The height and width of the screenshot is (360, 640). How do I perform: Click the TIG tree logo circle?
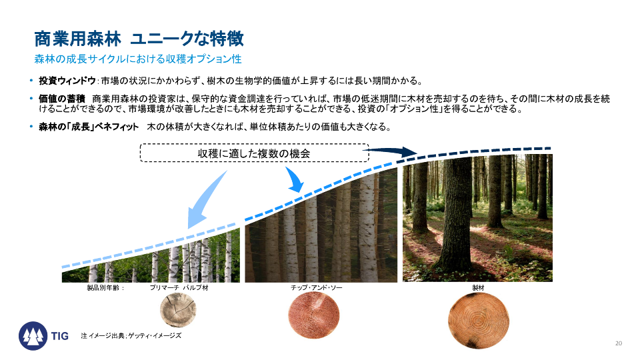tap(33, 336)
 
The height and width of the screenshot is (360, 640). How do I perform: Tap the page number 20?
tap(619, 343)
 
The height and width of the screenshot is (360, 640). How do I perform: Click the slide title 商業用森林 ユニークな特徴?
tap(139, 39)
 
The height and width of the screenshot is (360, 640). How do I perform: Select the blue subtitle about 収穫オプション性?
tap(138, 59)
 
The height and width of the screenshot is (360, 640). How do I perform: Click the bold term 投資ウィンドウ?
tap(67, 81)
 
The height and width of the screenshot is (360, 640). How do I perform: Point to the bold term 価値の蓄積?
tap(61, 99)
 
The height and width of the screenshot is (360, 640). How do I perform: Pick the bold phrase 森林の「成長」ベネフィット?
tap(89, 127)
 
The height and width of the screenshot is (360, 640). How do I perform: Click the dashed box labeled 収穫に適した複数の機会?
tap(254, 153)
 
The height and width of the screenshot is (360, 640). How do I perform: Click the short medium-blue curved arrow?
tap(295, 179)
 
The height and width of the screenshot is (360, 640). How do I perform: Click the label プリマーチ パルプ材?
tap(179, 288)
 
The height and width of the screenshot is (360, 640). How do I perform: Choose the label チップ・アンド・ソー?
tap(316, 288)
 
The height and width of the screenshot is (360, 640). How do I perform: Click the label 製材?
tap(478, 288)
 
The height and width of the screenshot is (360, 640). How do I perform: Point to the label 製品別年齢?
tap(105, 288)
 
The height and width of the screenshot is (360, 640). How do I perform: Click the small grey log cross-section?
tap(178, 310)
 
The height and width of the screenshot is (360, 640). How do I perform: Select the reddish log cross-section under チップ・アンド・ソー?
tap(313, 316)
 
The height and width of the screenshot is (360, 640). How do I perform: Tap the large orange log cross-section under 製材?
tap(479, 321)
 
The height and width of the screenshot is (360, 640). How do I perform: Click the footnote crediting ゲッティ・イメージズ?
tap(131, 336)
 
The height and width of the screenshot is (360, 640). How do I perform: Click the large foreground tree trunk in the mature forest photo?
tap(456, 216)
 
